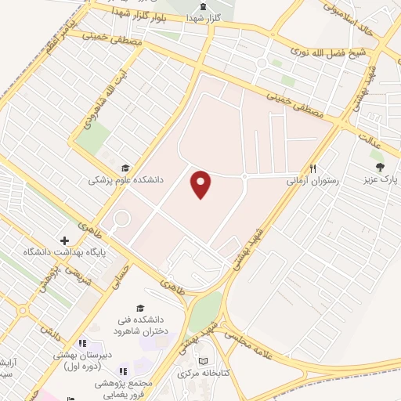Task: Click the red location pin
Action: (x=202, y=183)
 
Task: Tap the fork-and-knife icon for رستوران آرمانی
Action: (x=313, y=167)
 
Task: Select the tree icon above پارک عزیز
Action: (x=379, y=167)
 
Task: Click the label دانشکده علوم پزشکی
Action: (x=126, y=179)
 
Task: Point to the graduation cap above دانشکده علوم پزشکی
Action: (x=125, y=167)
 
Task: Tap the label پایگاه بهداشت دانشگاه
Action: (x=64, y=251)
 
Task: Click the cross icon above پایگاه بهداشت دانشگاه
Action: (x=64, y=240)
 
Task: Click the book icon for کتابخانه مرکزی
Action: (x=205, y=361)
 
